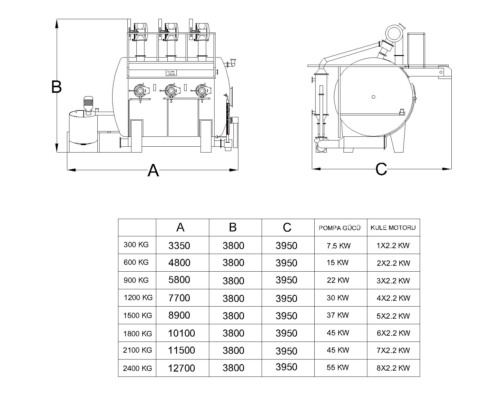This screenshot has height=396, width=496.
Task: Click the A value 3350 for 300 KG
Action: click(x=179, y=246)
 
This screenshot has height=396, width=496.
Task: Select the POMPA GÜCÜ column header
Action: click(x=339, y=228)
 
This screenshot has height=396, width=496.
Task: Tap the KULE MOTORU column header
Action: click(x=393, y=228)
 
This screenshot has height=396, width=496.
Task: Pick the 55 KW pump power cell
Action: click(x=338, y=367)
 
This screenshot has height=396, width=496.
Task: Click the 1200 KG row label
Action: click(x=138, y=298)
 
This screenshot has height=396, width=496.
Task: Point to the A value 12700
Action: click(x=181, y=368)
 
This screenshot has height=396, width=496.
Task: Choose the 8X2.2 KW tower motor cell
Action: click(x=393, y=368)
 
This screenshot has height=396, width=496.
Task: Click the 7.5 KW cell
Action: click(x=338, y=246)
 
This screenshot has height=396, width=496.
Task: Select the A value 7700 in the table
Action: click(x=179, y=298)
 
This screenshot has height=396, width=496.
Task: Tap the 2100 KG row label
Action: click(x=137, y=350)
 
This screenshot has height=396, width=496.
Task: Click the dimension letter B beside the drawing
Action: click(x=56, y=87)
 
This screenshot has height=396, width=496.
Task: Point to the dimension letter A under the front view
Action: click(x=153, y=170)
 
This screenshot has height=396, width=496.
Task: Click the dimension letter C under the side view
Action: click(x=381, y=169)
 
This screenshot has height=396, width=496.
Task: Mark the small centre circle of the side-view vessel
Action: click(x=373, y=97)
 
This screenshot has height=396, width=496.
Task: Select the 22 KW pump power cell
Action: click(x=338, y=280)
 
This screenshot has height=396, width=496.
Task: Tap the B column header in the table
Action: click(x=233, y=227)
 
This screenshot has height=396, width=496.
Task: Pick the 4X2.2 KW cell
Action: click(x=393, y=298)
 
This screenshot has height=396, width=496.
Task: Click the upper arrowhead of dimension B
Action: click(x=57, y=24)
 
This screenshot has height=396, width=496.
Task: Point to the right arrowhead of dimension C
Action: click(x=447, y=169)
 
